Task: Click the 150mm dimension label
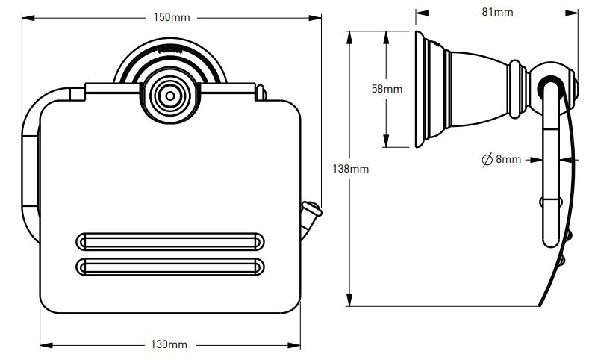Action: [x=171, y=17]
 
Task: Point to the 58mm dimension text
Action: [x=387, y=89]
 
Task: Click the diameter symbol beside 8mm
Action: [x=485, y=159]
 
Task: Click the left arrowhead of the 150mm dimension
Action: [x=22, y=17]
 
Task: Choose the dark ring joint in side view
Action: [x=550, y=78]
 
